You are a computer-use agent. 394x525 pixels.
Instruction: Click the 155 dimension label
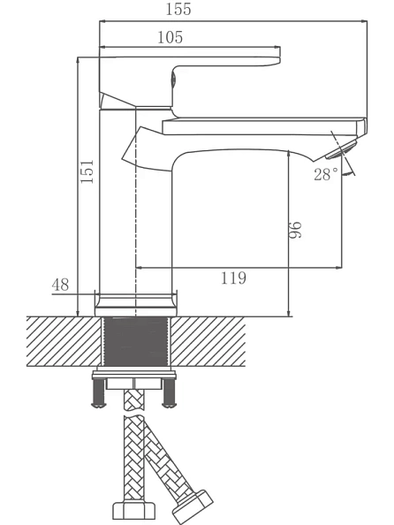click(x=178, y=9)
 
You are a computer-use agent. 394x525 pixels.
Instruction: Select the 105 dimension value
click(x=170, y=37)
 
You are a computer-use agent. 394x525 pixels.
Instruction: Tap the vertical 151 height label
click(x=87, y=171)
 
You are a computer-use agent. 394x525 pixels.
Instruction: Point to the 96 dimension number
click(x=295, y=230)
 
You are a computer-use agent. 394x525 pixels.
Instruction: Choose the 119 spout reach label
click(x=233, y=278)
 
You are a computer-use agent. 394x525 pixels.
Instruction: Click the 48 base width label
click(x=60, y=285)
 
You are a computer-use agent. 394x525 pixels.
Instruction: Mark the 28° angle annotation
click(x=326, y=174)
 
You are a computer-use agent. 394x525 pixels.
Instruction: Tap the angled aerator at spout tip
click(x=342, y=149)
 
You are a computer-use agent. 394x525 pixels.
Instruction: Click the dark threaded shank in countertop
click(x=136, y=341)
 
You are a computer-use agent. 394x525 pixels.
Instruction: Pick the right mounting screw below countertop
click(x=169, y=393)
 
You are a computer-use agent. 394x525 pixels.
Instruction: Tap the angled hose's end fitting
click(x=193, y=506)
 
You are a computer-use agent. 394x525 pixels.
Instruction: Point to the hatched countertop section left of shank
click(x=64, y=341)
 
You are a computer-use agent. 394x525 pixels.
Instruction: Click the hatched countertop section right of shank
click(x=208, y=341)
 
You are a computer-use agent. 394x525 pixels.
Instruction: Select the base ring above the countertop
click(x=135, y=305)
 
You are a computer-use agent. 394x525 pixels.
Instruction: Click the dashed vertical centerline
click(x=135, y=211)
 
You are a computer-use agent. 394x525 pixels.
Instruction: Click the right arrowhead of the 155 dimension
click(x=363, y=21)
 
